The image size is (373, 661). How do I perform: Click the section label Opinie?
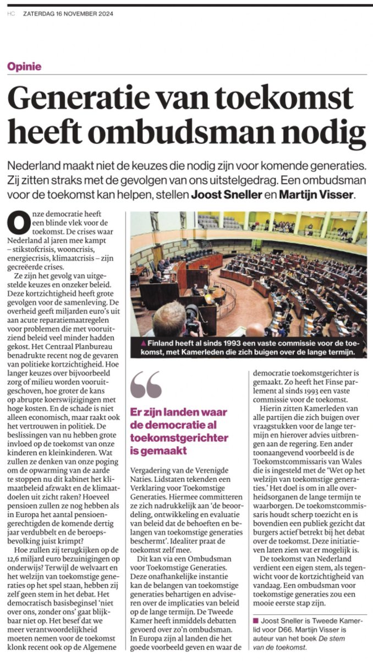point(24,67)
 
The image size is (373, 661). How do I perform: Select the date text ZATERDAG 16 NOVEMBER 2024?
point(68,14)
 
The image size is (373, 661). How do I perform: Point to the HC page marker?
point(11,14)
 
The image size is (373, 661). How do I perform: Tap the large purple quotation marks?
point(146,384)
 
